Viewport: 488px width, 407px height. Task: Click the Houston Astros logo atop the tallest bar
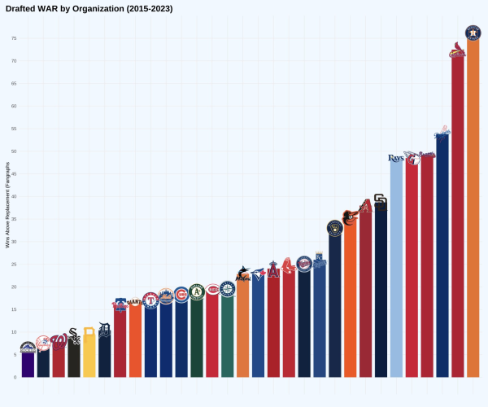point(473,33)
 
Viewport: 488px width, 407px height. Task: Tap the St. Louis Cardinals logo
point(457,54)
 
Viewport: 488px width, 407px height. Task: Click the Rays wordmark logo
point(396,158)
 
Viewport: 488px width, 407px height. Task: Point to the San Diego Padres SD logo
point(381,201)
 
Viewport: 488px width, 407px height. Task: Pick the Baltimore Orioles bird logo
point(350,217)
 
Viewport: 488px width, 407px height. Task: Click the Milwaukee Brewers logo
point(334,227)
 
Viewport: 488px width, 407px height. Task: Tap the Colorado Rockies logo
point(28,348)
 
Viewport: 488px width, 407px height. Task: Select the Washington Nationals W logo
point(59,340)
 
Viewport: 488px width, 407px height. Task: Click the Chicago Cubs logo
point(181,294)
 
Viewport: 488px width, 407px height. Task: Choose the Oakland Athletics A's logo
point(196,291)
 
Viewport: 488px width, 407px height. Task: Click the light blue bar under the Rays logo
point(396,269)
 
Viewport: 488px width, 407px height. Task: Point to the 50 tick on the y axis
point(14,151)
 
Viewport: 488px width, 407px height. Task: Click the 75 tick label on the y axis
point(14,38)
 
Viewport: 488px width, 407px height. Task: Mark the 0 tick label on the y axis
point(15,378)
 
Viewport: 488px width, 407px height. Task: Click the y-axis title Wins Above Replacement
point(7,208)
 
